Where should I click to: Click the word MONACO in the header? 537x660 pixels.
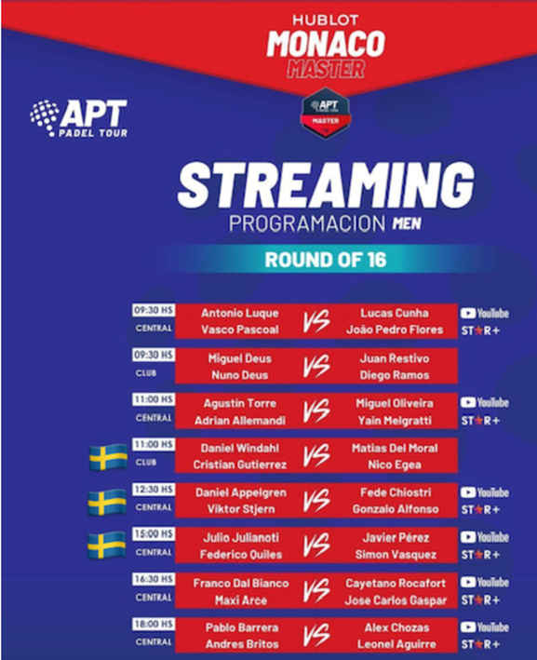[x=326, y=44]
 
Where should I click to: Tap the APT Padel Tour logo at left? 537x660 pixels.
[x=79, y=118]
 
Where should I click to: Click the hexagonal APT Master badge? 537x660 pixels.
[x=326, y=113]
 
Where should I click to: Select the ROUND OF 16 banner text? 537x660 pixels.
[x=326, y=260]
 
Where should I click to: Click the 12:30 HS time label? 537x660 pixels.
[x=154, y=489]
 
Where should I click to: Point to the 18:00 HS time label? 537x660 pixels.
[x=154, y=624]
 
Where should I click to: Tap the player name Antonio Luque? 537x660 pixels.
[x=240, y=313]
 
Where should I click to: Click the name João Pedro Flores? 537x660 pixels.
[x=395, y=330]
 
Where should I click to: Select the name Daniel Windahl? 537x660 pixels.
[x=240, y=449]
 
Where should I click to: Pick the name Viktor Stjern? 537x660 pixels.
[x=241, y=509]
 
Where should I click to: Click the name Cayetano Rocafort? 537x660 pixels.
[x=396, y=584]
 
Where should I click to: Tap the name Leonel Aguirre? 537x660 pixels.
[x=396, y=644]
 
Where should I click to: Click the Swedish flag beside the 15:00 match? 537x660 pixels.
[x=107, y=546]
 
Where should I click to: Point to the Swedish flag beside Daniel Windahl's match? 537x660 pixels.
[x=108, y=457]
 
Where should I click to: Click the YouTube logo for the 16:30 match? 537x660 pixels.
[x=484, y=583]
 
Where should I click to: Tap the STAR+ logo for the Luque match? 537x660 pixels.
[x=480, y=330]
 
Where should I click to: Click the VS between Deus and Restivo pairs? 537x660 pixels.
[x=316, y=365]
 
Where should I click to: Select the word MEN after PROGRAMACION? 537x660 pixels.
[x=407, y=223]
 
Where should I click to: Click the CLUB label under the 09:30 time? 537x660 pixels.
[x=146, y=373]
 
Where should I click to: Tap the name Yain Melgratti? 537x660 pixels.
[x=395, y=421]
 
